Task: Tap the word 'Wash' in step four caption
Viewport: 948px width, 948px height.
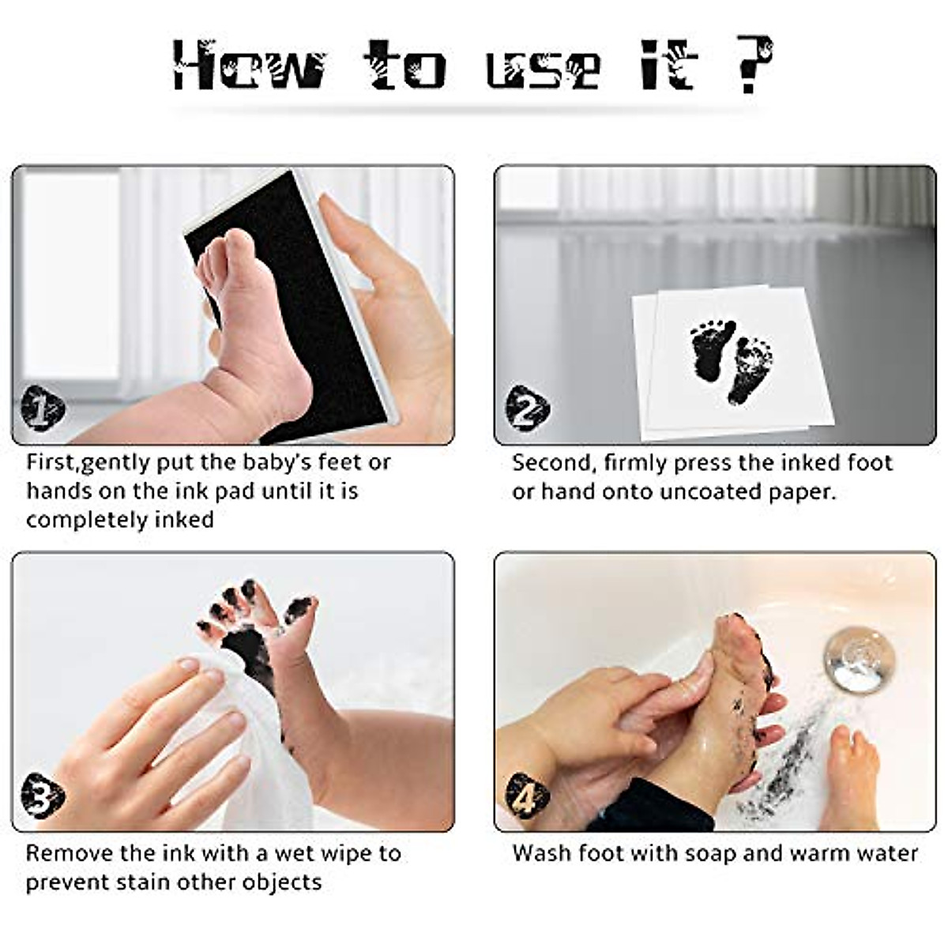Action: pyautogui.click(x=542, y=853)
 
